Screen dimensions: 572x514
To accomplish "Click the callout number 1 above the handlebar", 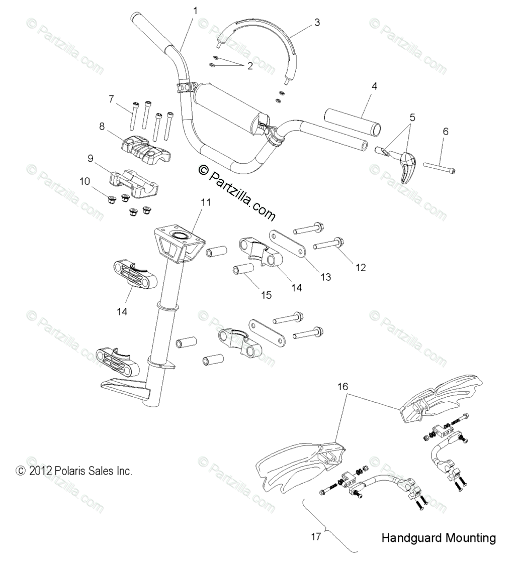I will click(195, 11).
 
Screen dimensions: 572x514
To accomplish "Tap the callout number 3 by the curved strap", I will click(316, 22).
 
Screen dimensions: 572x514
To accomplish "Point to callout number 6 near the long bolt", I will click(445, 131).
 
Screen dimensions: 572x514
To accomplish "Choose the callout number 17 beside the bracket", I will click(315, 536).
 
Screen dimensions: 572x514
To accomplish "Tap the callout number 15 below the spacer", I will click(266, 295).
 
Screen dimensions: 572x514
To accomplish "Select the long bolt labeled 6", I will click(440, 167).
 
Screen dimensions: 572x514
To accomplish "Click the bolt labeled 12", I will click(329, 244).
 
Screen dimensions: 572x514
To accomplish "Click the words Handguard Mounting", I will click(438, 538).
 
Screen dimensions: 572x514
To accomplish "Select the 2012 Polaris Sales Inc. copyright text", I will click(74, 471).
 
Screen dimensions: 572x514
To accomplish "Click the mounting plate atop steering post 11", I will click(179, 241).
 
